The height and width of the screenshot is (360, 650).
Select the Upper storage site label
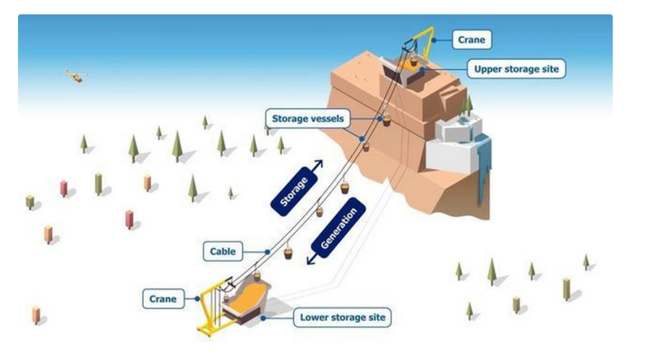tap(516, 69)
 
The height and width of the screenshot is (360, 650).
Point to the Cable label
tap(222, 251)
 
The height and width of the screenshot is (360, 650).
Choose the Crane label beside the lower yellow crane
tap(162, 299)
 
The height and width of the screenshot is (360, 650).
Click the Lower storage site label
tap(342, 316)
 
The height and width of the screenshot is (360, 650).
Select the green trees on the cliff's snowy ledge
tap(467, 103)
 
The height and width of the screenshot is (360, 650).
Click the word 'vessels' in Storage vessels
tap(327, 119)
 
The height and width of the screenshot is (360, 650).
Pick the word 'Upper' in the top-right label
tap(489, 69)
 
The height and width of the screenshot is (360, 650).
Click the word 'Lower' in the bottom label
tap(315, 316)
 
